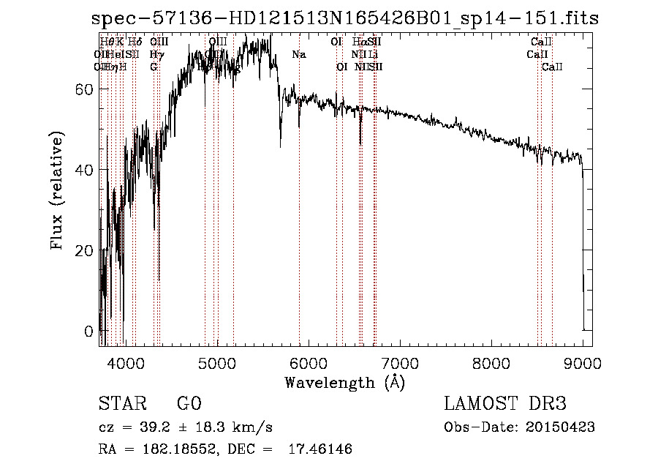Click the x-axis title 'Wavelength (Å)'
pyautogui.click(x=344, y=381)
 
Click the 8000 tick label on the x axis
pyautogui.click(x=491, y=362)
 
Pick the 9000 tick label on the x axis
pyautogui.click(x=582, y=362)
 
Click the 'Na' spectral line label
pyautogui.click(x=298, y=54)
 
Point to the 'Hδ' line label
pyautogui.click(x=135, y=42)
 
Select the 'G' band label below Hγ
pyautogui.click(x=154, y=67)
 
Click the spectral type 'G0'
pyautogui.click(x=189, y=404)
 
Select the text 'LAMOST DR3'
pyautogui.click(x=505, y=404)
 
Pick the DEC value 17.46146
pyautogui.click(x=317, y=449)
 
